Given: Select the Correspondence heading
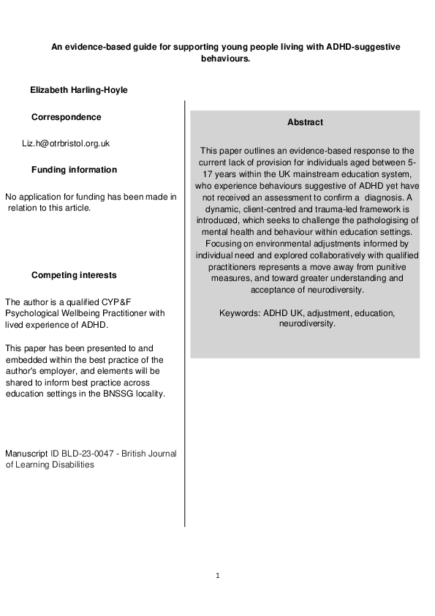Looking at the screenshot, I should (x=67, y=117).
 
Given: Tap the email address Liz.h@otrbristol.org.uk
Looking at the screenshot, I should (x=66, y=143).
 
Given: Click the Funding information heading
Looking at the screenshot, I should (x=74, y=170).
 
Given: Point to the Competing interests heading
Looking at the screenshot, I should (x=74, y=275).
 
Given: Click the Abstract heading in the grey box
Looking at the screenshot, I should (x=305, y=122).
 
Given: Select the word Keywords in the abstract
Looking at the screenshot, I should (x=238, y=313).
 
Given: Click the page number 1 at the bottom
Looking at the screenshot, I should (x=217, y=575).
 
